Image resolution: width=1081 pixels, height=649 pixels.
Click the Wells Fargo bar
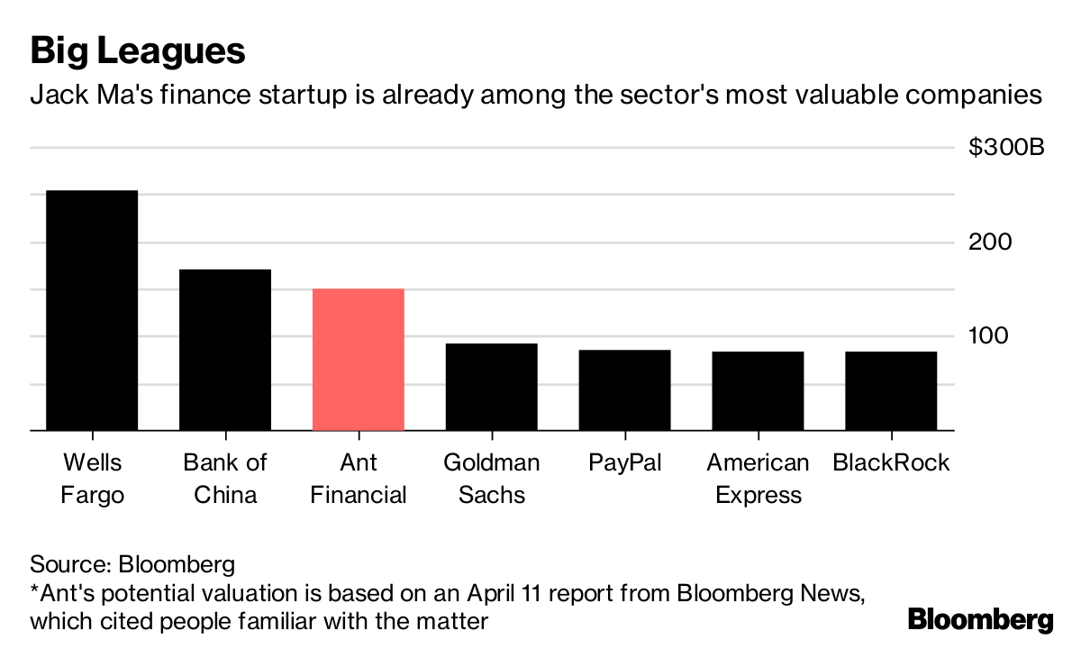coord(92,311)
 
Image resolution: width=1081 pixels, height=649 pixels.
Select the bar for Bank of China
coord(225,350)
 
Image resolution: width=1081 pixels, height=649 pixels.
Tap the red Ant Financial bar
coord(359,360)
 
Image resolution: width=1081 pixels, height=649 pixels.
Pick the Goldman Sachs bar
coord(492,388)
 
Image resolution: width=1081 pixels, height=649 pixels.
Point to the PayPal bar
coord(625,390)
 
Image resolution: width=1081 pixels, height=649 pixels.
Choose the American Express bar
coord(758,391)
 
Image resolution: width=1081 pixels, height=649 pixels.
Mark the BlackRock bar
coord(891,391)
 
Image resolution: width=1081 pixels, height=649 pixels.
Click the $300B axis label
coord(1006,148)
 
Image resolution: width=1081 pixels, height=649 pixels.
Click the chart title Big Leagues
coord(138,50)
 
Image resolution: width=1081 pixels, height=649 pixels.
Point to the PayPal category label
coord(625,463)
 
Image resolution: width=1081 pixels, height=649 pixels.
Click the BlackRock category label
coord(891,463)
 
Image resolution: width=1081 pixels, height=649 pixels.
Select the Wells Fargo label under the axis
coord(92,479)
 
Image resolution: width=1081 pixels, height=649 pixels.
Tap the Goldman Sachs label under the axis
coord(492,479)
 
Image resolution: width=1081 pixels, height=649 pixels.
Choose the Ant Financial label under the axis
coord(359,479)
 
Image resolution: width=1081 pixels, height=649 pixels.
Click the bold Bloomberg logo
coord(980,620)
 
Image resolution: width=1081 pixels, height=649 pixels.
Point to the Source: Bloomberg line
coord(132,565)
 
